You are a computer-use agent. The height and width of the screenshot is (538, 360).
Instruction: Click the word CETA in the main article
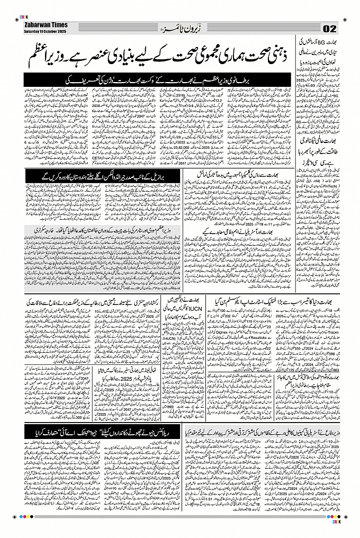[x=83, y=157]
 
